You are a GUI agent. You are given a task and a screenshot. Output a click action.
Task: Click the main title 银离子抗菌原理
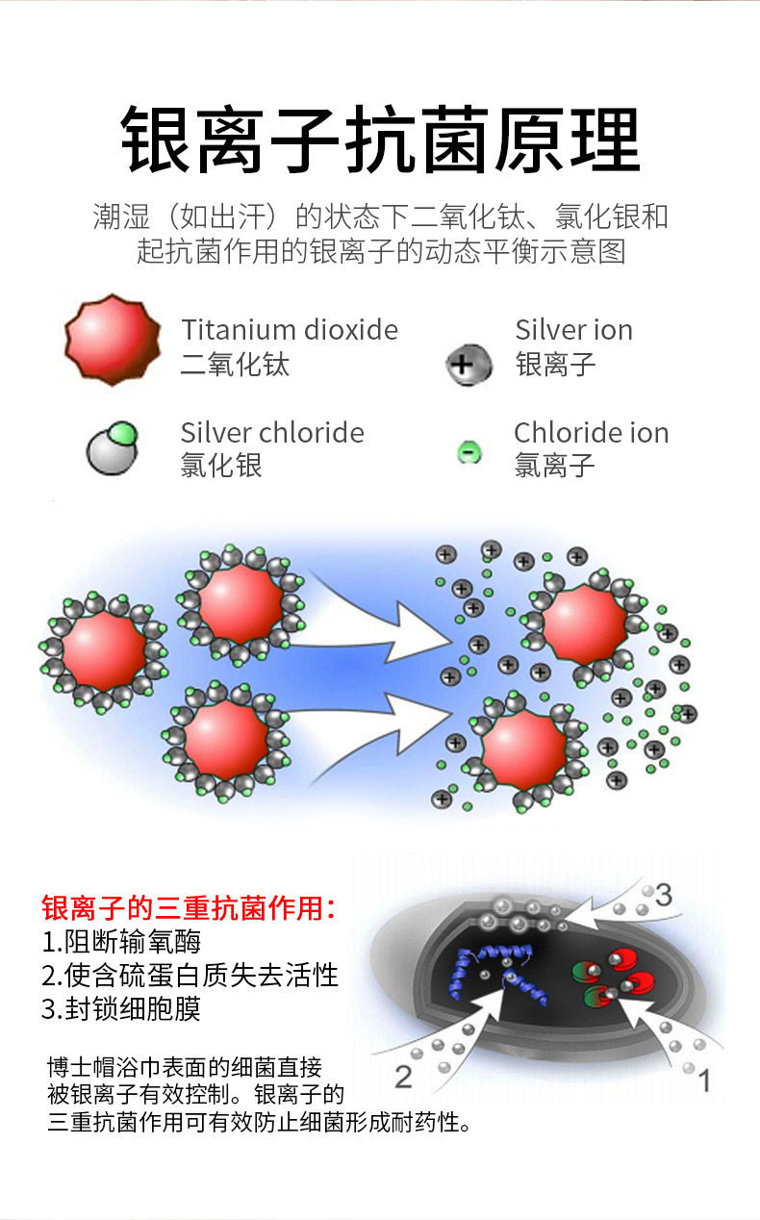pos(380,140)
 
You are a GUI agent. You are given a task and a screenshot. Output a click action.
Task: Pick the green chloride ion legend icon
pos(469,450)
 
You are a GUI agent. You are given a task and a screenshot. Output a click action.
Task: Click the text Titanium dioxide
pos(290,330)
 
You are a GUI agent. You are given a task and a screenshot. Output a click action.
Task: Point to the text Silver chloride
pos(272,433)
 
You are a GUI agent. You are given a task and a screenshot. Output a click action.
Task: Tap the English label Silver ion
pos(573,330)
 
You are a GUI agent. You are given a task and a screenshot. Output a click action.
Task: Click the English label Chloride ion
pos(591,433)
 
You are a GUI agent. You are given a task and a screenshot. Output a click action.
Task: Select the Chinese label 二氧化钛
pos(235,365)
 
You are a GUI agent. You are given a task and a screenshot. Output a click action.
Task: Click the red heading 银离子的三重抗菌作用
pos(189,906)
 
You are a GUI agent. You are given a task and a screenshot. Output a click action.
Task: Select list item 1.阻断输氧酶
pos(121,941)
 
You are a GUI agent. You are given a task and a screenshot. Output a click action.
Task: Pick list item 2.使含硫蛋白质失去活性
pos(190,975)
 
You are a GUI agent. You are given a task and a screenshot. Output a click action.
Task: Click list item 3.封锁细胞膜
pos(121,1008)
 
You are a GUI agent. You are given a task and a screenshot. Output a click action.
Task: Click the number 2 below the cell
pos(403,1076)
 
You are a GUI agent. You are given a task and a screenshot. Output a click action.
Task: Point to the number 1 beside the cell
pos(703,1081)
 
